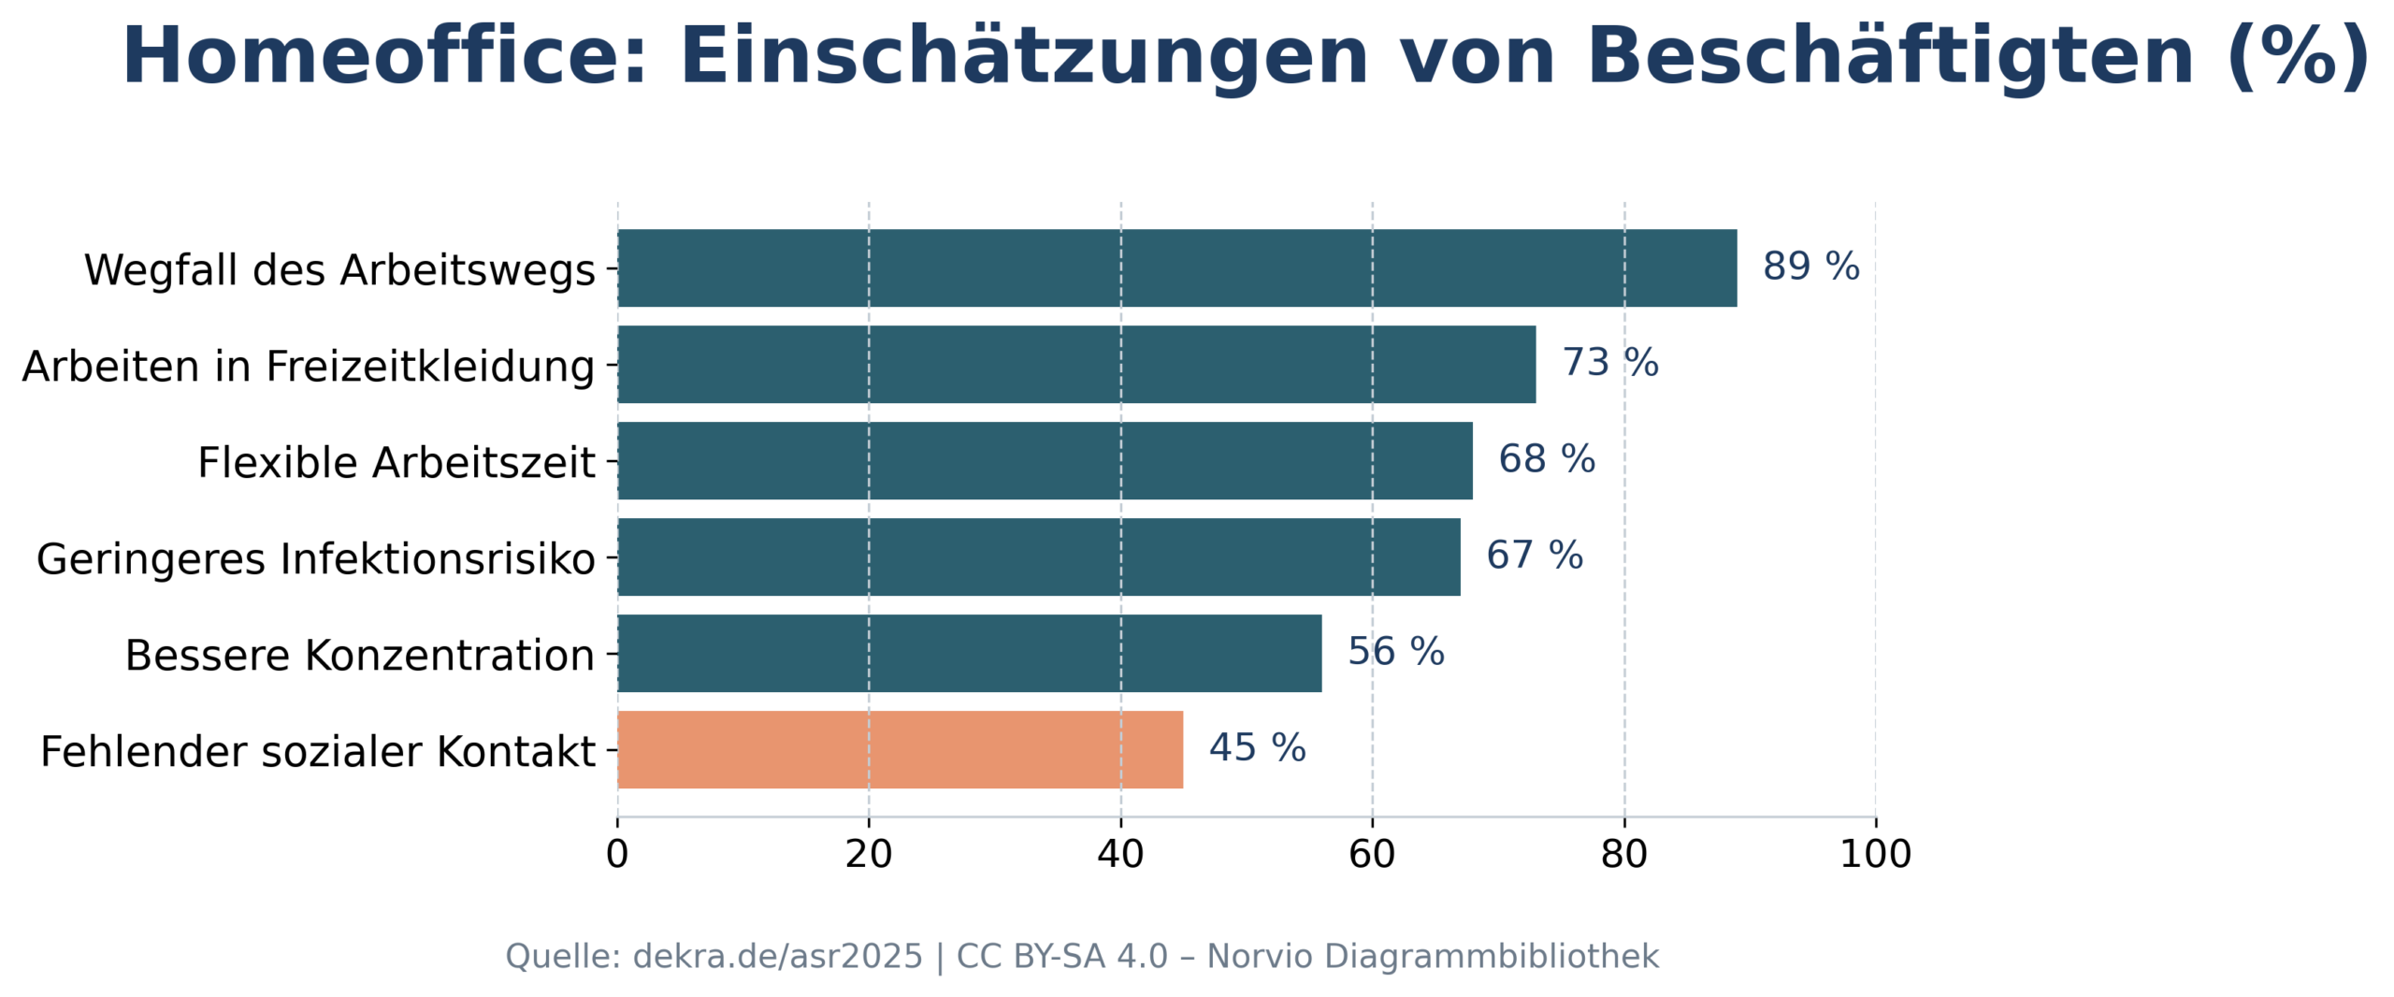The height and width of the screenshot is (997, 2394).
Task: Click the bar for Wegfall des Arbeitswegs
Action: coord(1176,267)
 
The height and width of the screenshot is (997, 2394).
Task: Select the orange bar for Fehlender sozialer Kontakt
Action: coord(900,749)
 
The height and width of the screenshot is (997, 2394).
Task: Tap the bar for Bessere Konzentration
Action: coord(969,653)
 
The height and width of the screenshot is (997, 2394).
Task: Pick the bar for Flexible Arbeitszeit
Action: coord(1045,460)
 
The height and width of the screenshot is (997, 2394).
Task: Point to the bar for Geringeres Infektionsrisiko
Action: coord(1038,556)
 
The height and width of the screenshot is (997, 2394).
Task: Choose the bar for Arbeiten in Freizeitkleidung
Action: coord(1076,364)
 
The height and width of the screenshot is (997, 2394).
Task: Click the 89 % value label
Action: coord(1810,267)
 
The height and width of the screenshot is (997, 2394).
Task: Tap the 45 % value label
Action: coord(1257,748)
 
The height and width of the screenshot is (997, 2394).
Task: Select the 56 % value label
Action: coord(1395,652)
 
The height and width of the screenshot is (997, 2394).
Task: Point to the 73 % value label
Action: coord(1610,363)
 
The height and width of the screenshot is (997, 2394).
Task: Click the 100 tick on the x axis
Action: coord(1875,855)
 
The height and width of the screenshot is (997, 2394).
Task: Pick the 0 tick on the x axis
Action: coord(617,855)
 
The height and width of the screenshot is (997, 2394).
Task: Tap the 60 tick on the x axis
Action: coord(1372,855)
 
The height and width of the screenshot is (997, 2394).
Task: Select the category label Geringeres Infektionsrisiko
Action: coord(315,559)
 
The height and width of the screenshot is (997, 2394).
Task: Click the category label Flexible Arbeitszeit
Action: coord(396,463)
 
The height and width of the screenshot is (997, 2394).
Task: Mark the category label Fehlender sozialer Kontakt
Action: coord(317,752)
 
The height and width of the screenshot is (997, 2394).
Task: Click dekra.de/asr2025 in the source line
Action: coord(777,957)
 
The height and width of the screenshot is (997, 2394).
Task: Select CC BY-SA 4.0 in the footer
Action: coord(1061,957)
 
